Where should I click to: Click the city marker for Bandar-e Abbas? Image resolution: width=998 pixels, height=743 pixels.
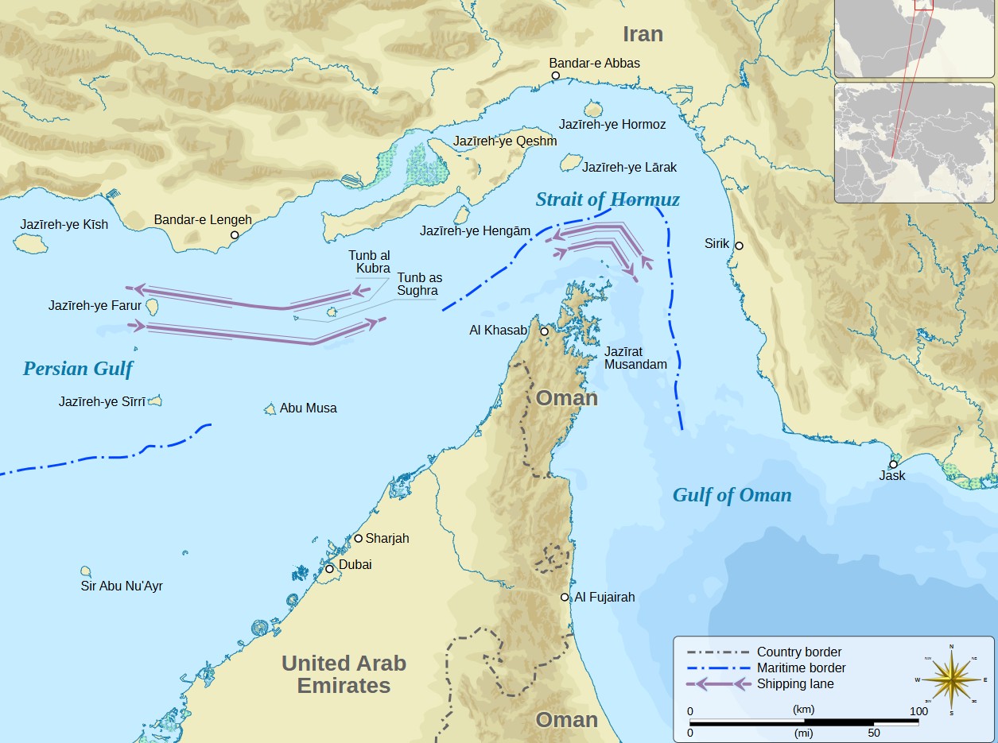556,75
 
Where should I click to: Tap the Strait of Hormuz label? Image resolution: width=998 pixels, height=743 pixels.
608,199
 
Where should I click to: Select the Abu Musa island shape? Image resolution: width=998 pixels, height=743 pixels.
270,408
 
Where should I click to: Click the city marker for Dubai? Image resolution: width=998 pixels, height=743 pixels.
330,569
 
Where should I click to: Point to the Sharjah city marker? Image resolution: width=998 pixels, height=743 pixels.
358,538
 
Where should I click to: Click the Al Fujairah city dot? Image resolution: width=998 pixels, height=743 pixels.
565,597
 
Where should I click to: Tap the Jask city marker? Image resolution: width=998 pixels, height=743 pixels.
893,464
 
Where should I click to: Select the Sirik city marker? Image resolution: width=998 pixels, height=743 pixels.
739,246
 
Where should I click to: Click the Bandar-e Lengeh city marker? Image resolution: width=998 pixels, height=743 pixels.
235,235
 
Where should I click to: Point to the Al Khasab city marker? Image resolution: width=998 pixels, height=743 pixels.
544,331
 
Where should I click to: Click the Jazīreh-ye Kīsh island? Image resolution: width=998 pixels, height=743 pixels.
32,243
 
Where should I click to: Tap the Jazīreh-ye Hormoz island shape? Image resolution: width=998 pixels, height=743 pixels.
593,109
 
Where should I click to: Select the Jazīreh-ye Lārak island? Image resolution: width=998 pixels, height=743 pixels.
570,163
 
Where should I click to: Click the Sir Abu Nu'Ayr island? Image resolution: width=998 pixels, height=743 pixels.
86,571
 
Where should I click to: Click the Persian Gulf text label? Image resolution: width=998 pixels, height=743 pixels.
78,369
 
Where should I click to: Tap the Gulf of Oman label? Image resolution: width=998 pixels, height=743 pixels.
732,495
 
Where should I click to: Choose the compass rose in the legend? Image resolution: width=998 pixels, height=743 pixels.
951,679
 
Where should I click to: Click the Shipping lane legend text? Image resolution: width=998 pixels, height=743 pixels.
795,683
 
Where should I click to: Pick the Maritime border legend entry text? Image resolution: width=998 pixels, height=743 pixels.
801,668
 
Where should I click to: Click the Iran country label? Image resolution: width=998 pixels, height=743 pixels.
643,34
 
